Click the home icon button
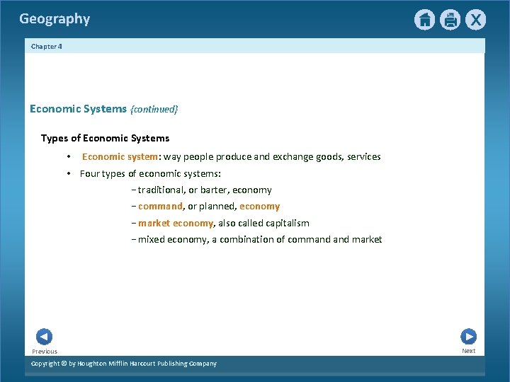424,20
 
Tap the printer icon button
450,20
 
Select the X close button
475,20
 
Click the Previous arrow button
44,337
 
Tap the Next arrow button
468,337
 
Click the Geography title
55,19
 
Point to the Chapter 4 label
47,46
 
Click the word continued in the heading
154,109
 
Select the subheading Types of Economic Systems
105,138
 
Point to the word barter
214,190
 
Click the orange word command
160,207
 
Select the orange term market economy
176,224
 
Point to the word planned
217,207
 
